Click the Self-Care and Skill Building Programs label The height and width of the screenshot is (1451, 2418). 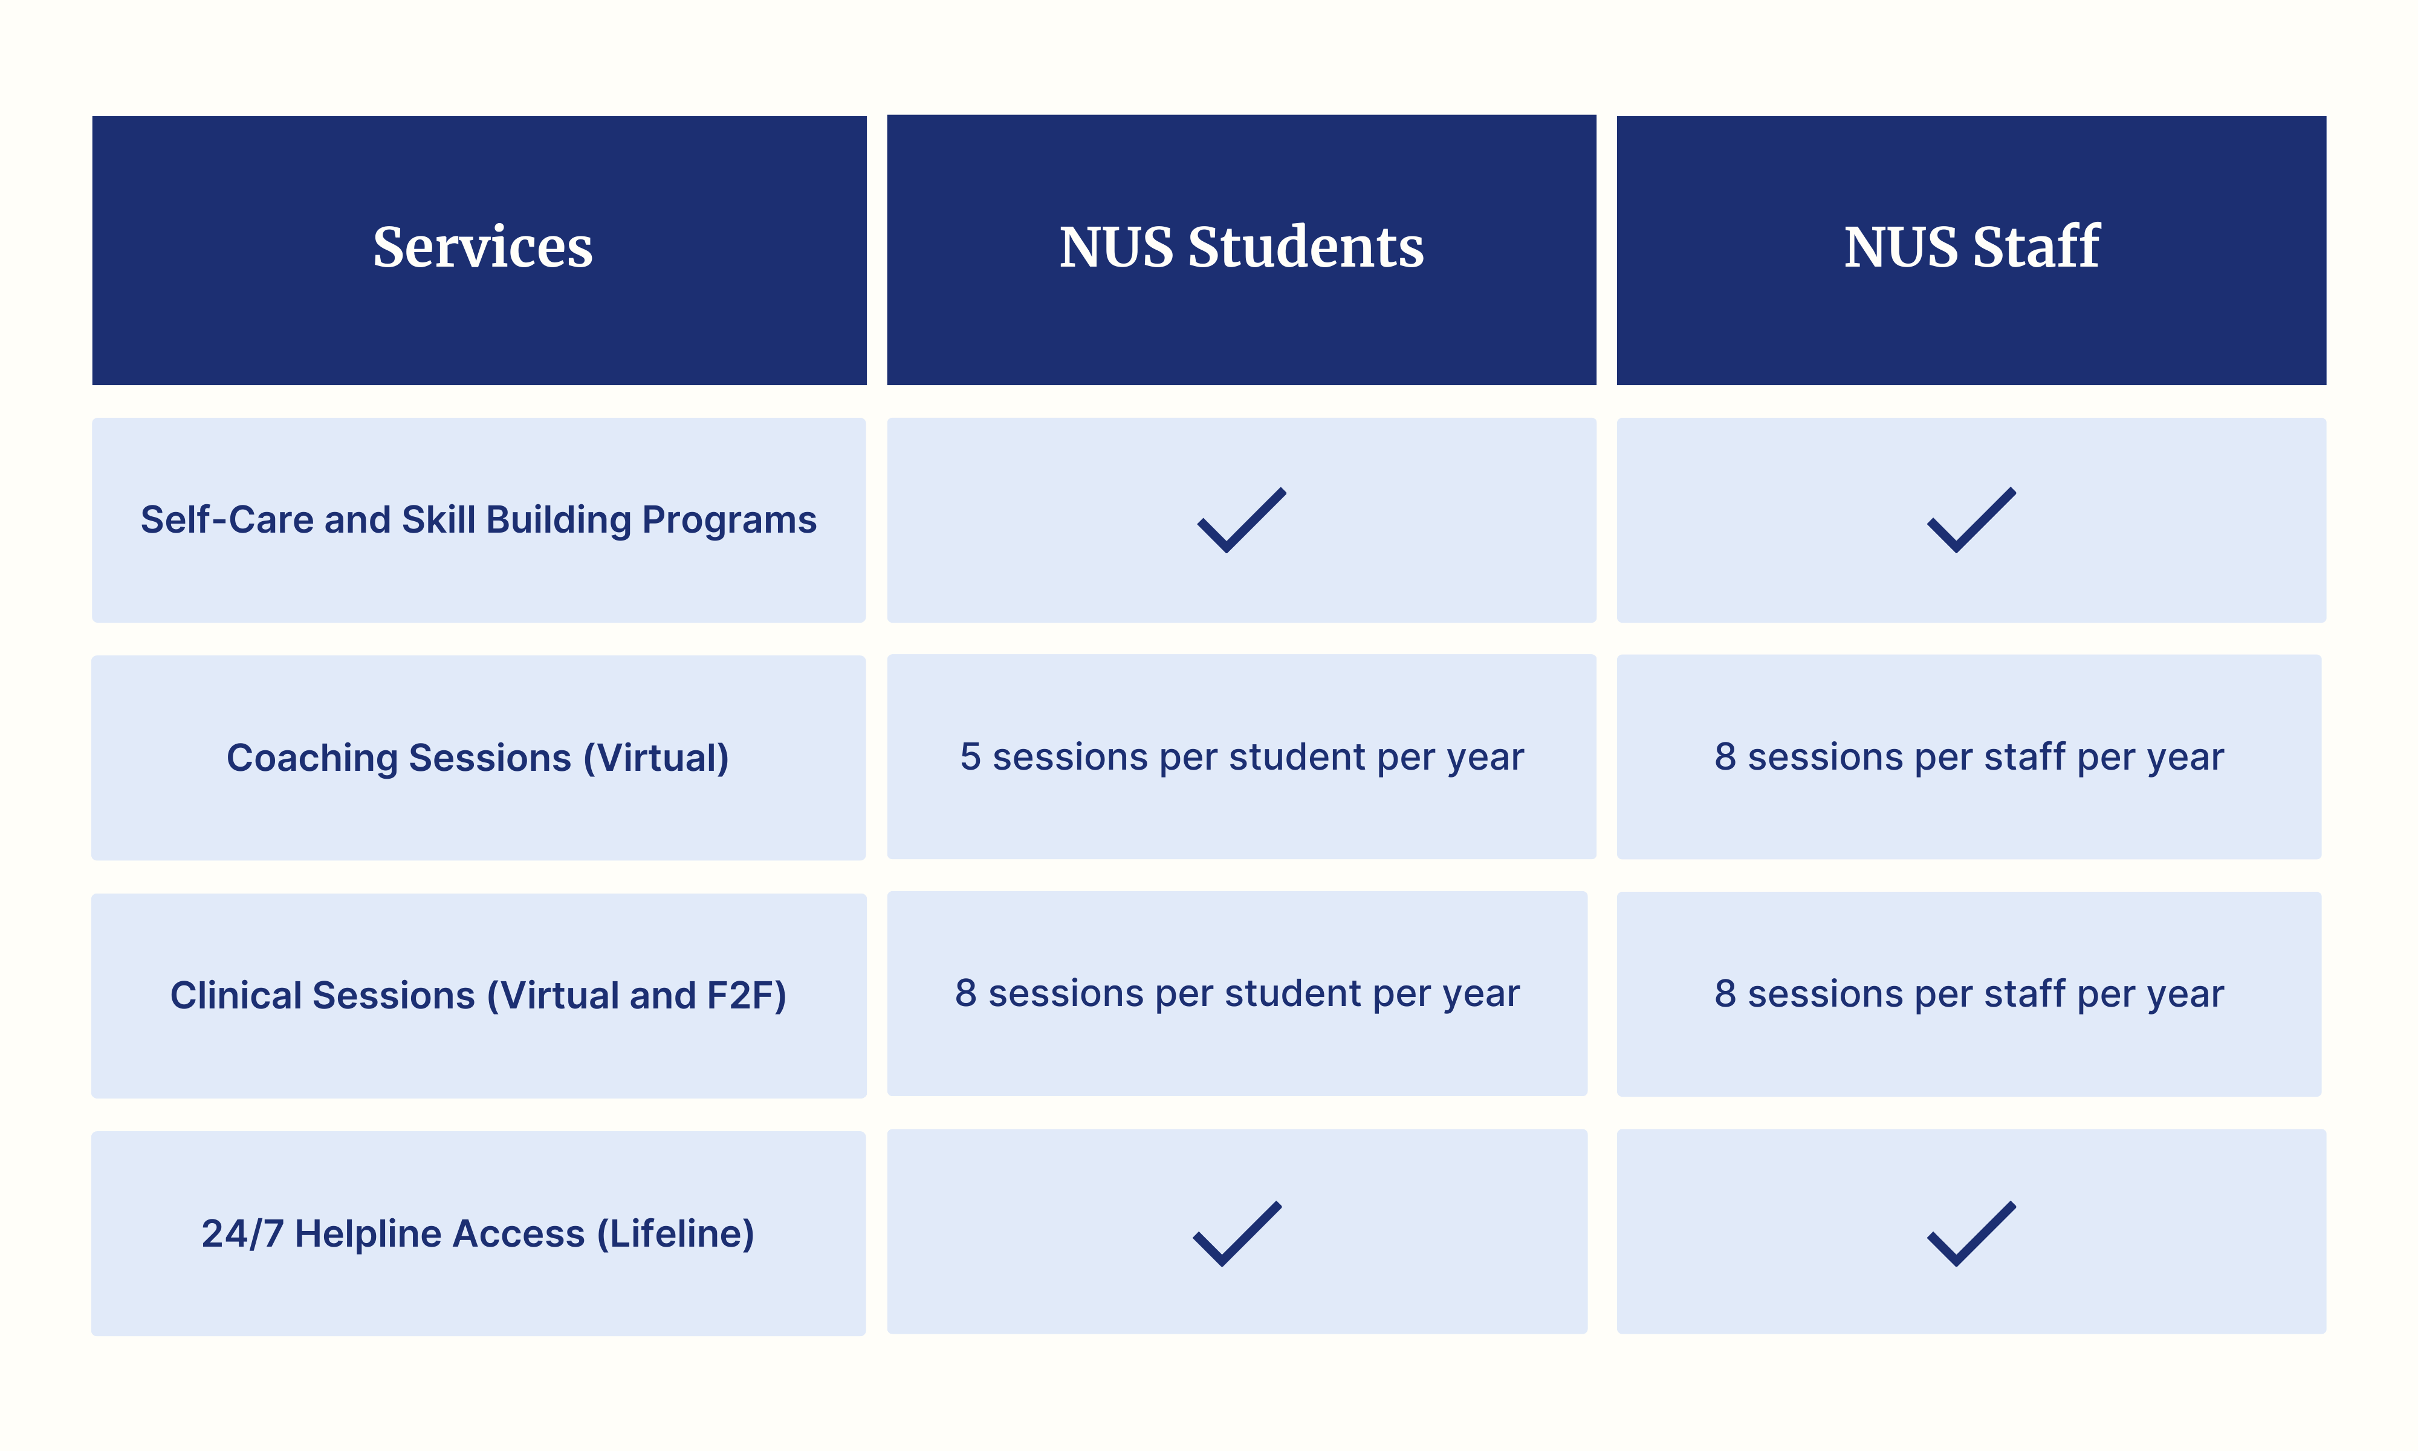478,520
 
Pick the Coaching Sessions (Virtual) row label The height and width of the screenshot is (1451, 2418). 478,758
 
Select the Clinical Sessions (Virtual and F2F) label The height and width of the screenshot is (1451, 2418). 478,995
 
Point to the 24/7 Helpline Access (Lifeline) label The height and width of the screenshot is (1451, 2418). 478,1234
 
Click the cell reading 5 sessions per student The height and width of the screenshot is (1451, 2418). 1241,758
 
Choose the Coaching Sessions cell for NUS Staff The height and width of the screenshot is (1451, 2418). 1969,758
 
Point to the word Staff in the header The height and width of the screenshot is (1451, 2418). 2036,247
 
